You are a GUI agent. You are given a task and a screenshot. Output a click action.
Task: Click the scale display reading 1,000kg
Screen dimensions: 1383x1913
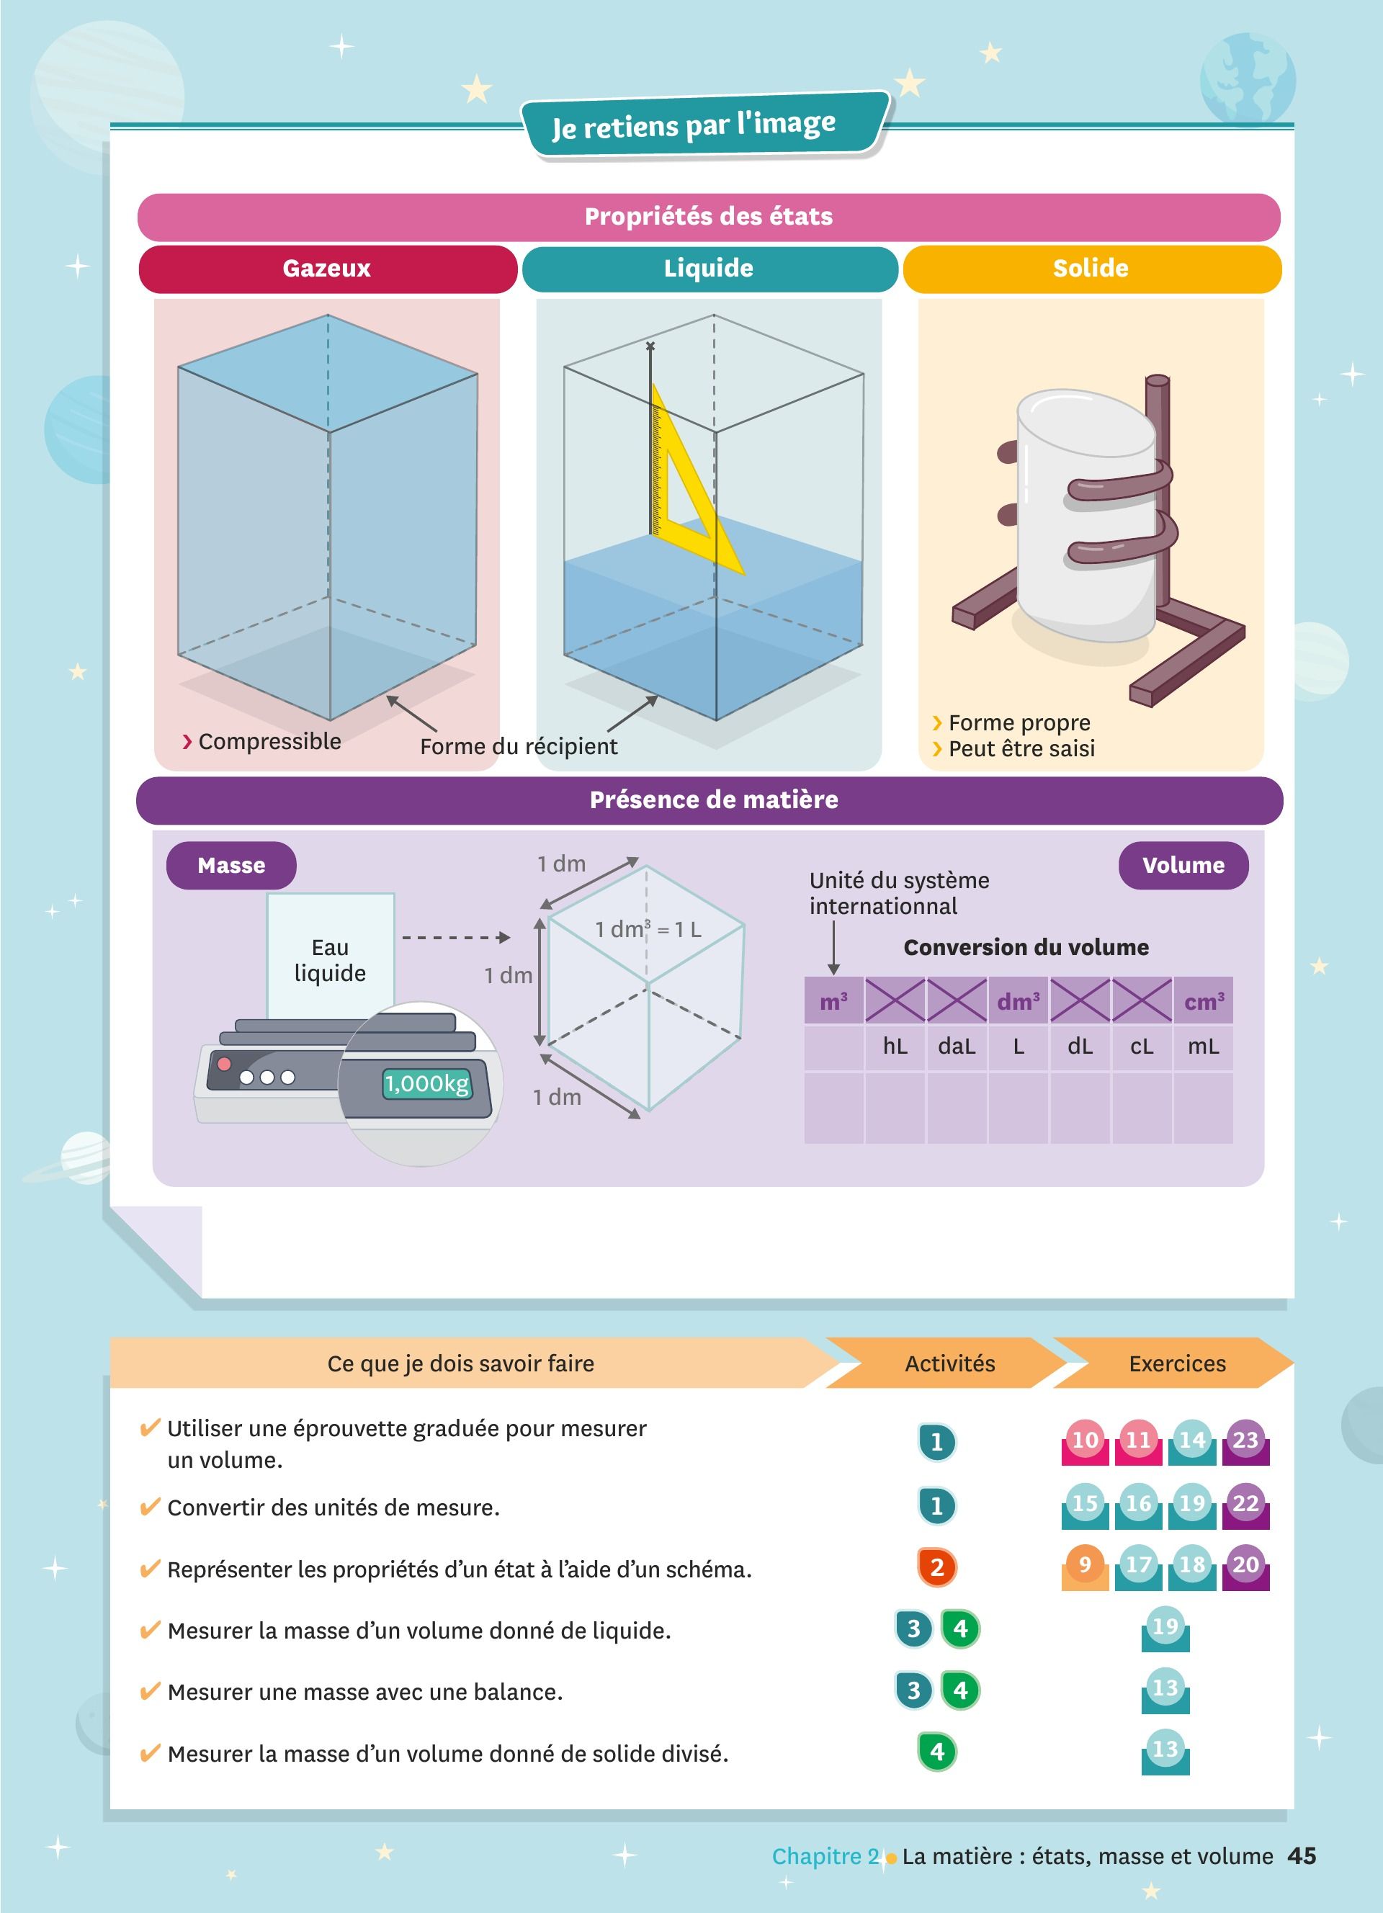point(426,1083)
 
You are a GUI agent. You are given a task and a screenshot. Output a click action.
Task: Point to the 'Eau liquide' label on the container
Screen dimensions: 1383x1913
point(330,960)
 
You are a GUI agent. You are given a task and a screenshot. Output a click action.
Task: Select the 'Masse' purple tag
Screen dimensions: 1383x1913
point(231,866)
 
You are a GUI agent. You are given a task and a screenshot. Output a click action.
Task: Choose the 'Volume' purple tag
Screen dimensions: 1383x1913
point(1183,866)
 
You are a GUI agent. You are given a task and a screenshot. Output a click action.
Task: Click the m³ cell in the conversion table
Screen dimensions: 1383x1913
point(834,1000)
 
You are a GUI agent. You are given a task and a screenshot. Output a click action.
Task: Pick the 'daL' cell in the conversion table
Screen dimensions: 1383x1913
point(957,1047)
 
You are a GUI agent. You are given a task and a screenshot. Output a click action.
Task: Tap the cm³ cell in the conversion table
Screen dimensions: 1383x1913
point(1204,1000)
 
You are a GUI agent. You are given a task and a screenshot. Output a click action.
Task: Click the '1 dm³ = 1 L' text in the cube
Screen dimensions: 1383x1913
point(648,930)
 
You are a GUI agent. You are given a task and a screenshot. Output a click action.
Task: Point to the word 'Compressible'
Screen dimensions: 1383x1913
point(270,741)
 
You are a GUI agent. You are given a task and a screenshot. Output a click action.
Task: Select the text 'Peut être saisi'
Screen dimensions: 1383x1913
point(1021,748)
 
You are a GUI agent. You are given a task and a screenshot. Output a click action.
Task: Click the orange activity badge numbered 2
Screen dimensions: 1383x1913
point(937,1567)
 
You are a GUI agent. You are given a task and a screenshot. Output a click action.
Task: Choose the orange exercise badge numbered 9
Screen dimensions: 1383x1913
point(1086,1567)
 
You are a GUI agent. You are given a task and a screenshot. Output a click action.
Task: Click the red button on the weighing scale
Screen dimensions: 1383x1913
point(224,1064)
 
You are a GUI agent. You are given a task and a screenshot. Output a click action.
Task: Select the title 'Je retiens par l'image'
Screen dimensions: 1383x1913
point(694,125)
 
